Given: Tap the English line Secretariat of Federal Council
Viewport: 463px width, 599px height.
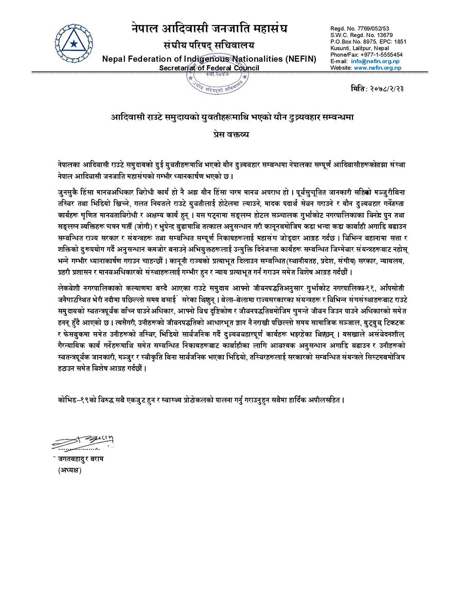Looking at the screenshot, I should pos(209,68).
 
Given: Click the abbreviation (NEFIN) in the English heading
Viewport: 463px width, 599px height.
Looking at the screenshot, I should pos(294,59).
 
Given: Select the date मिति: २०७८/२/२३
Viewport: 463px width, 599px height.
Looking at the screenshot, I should pos(377,88).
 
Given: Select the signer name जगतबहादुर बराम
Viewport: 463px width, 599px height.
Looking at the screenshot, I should pos(80,459).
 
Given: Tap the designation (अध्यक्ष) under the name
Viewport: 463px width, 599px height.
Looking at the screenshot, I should pos(70,470).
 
